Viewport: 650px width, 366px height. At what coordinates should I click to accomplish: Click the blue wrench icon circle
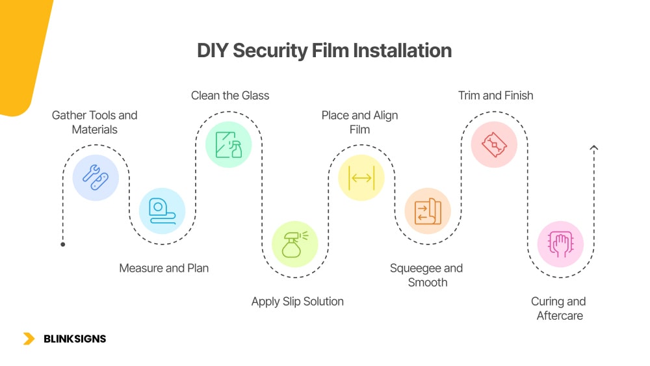coord(96,177)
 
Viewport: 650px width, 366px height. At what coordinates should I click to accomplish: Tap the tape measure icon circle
coord(162,211)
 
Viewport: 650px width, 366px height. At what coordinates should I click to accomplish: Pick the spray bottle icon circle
coord(294,244)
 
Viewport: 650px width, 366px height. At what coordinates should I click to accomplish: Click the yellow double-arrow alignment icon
coord(361,177)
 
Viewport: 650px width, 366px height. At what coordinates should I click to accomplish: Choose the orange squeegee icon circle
coord(428,211)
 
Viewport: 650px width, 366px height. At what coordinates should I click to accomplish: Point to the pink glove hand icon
coord(560,244)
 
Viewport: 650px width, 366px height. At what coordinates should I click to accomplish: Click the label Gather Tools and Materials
coord(95,122)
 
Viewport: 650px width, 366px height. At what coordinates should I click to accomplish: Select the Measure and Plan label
coord(164,268)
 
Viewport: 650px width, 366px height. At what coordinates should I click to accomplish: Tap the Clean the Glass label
coord(230,96)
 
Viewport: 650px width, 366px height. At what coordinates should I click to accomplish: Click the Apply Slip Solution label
coord(298,302)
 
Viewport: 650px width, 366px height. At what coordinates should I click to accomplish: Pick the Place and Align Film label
coord(359,122)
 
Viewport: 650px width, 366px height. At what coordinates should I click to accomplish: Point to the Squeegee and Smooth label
coord(426,275)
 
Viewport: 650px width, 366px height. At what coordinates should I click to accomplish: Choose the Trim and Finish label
coord(495,96)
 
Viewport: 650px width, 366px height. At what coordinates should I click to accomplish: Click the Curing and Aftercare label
coord(558,309)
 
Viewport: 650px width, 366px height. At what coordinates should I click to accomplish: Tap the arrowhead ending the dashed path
coord(593,149)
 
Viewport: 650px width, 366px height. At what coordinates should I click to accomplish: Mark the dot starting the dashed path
coord(63,244)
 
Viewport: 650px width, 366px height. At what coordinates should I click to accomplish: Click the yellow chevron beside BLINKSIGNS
coord(29,339)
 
